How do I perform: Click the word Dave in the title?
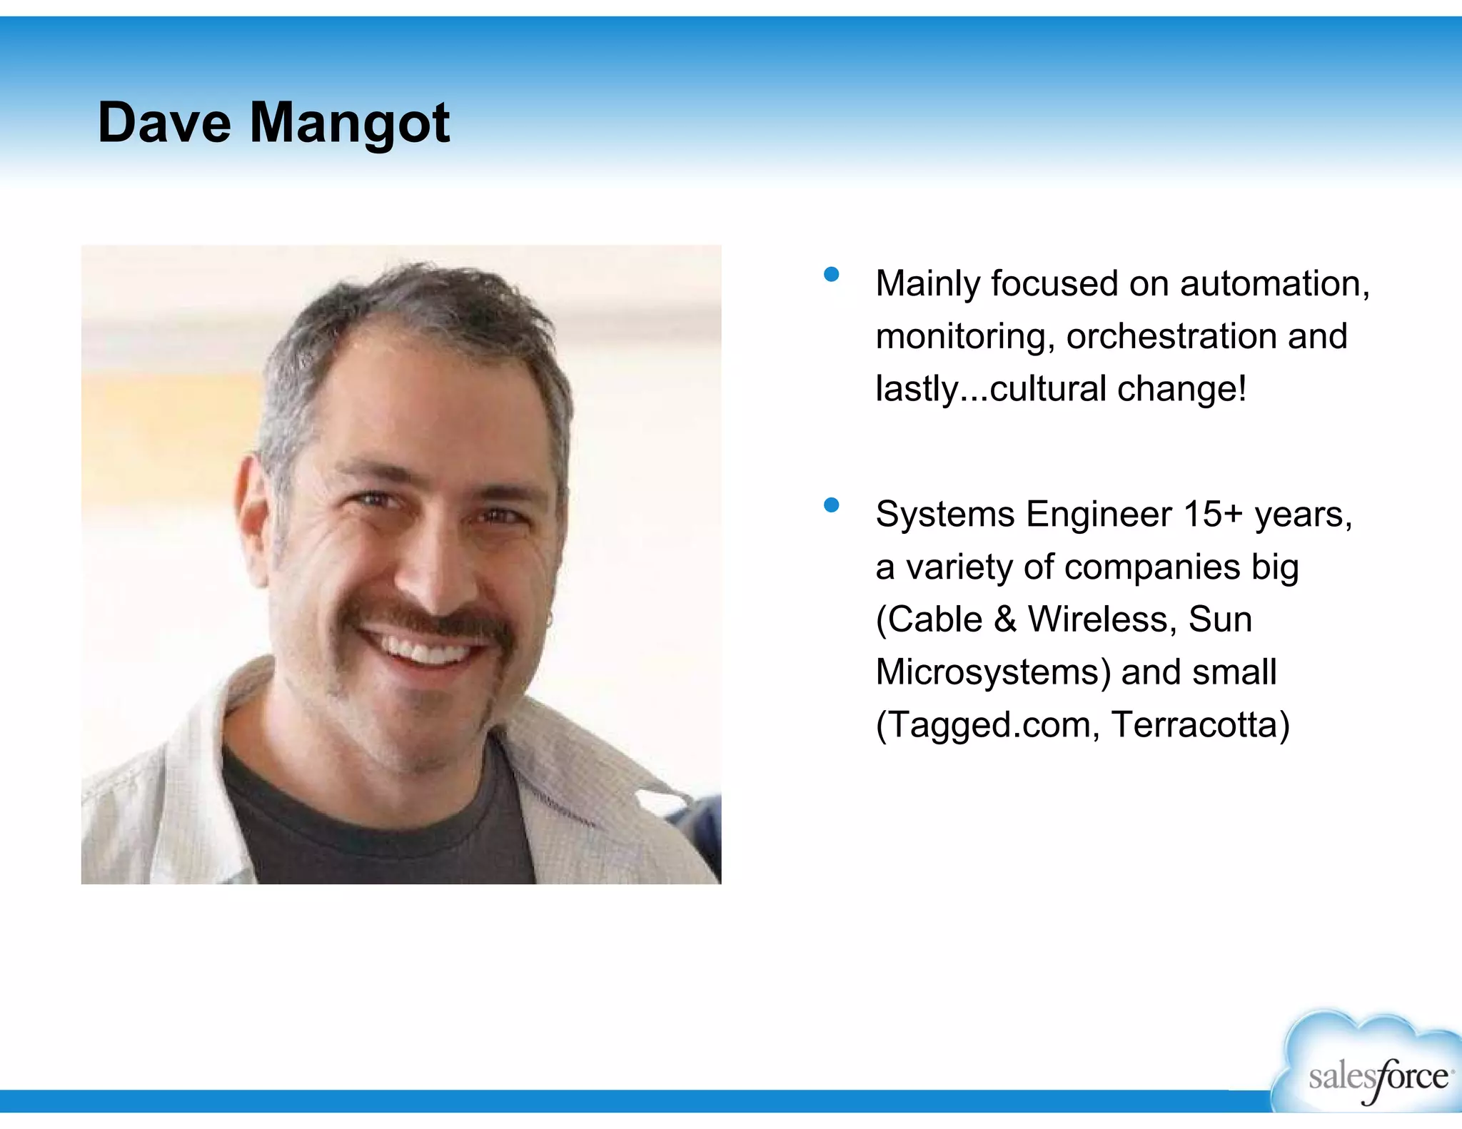coord(164,123)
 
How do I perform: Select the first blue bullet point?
coord(831,275)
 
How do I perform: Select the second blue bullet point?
coord(831,505)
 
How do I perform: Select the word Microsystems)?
coord(993,672)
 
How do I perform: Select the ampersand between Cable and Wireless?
coord(1004,619)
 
